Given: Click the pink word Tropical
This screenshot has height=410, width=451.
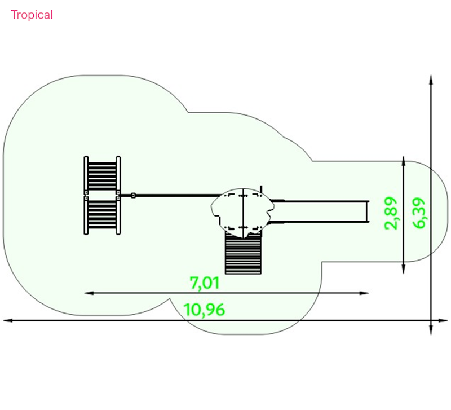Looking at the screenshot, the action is point(32,15).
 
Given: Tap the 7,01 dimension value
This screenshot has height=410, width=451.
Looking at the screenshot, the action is point(205,283).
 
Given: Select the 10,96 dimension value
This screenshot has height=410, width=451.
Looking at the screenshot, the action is point(204,310).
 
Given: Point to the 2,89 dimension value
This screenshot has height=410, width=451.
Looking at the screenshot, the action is point(391,213).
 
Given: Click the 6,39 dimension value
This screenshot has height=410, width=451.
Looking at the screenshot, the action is point(419,213).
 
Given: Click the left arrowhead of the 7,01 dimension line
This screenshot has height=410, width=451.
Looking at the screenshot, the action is point(89,293).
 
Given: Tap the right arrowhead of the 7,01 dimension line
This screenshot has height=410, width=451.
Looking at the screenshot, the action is point(364,293).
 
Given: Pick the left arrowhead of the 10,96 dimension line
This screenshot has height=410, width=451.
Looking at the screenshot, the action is point(8,320).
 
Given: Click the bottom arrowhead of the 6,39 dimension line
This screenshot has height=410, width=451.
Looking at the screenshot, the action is point(431,330).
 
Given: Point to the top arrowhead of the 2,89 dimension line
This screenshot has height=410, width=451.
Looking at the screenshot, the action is point(404,161).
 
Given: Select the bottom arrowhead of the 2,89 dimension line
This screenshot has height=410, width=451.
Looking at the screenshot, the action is point(404,269).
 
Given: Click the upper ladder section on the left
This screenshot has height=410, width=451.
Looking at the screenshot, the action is point(102,175).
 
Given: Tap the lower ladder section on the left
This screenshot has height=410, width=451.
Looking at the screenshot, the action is point(102,215).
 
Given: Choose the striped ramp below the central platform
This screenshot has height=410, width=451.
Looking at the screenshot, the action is point(244,253).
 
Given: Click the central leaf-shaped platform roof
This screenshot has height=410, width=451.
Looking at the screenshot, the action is point(242,213).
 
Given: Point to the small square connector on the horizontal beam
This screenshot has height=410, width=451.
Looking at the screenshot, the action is point(133,195).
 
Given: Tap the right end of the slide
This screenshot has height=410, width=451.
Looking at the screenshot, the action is point(368,211).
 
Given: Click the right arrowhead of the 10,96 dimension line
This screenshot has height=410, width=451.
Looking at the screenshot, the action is point(443,320).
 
